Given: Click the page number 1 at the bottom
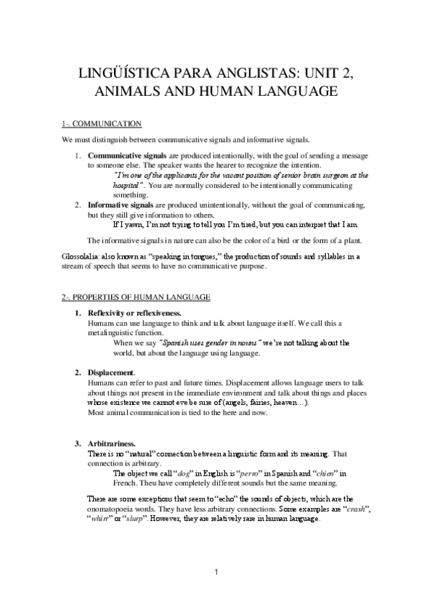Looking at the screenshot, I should pos(216,572).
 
